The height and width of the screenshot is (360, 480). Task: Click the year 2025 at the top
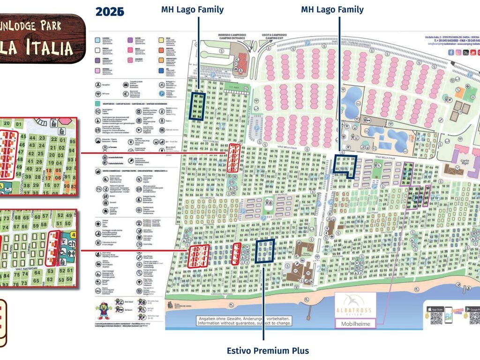pyautogui.click(x=110, y=12)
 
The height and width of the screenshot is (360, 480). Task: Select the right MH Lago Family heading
pyautogui.click(x=332, y=9)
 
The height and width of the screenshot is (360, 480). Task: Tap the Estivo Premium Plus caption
pyautogui.click(x=268, y=351)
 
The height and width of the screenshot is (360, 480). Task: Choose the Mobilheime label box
pyautogui.click(x=355, y=323)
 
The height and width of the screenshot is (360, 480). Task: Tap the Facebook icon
pyautogui.click(x=451, y=52)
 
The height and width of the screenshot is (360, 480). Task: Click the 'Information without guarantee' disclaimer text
pyautogui.click(x=244, y=322)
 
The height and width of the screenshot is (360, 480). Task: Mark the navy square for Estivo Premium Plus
pyautogui.click(x=265, y=250)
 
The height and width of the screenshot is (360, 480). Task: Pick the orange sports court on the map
pyautogui.click(x=460, y=92)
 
